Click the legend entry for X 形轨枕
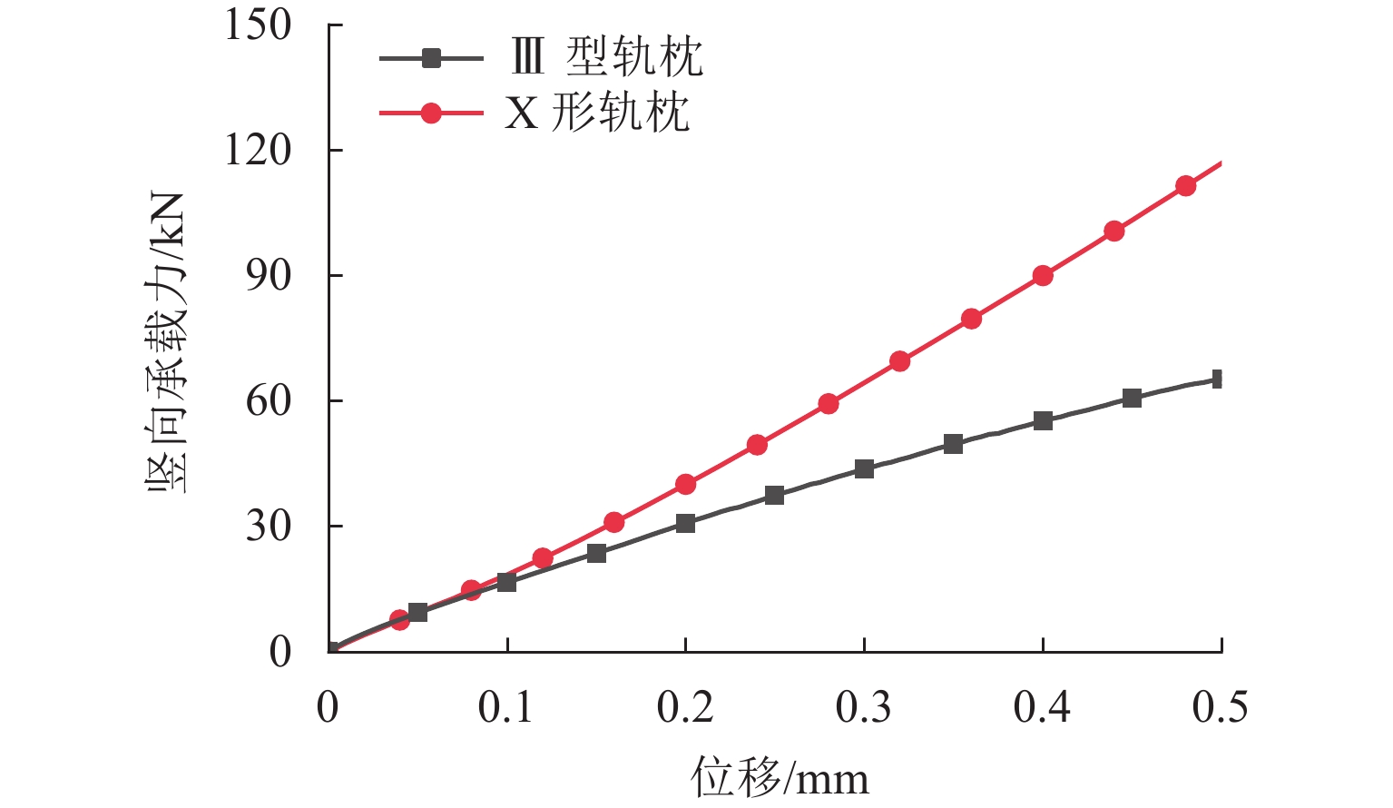click(597, 113)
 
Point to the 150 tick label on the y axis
click(259, 25)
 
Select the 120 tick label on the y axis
click(259, 150)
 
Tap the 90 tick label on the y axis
click(270, 275)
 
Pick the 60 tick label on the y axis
click(270, 400)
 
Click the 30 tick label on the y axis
click(270, 526)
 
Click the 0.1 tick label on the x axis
click(506, 707)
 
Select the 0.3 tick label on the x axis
click(864, 707)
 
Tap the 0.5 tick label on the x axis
click(1221, 707)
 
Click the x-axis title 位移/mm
click(780, 778)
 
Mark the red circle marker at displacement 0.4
click(1043, 275)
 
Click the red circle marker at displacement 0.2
click(685, 484)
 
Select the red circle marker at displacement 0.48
click(1185, 185)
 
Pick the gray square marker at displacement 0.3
click(864, 468)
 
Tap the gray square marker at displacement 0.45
click(1132, 398)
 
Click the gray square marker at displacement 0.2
click(685, 523)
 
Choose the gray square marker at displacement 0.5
click(1219, 379)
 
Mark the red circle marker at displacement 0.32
click(899, 360)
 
